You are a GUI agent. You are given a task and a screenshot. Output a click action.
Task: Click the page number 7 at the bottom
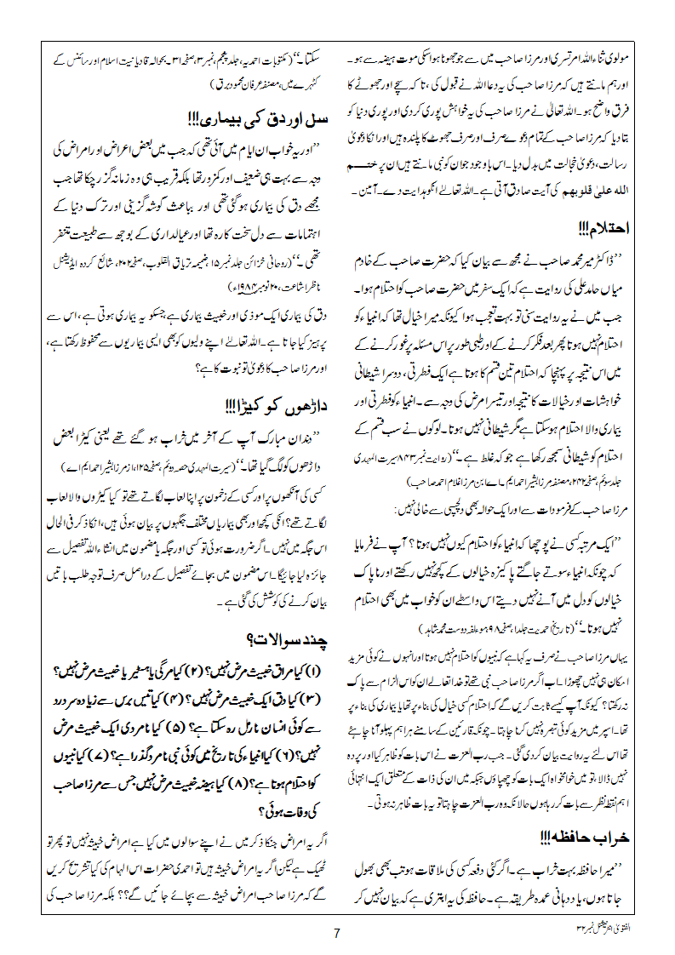pos(337,932)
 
